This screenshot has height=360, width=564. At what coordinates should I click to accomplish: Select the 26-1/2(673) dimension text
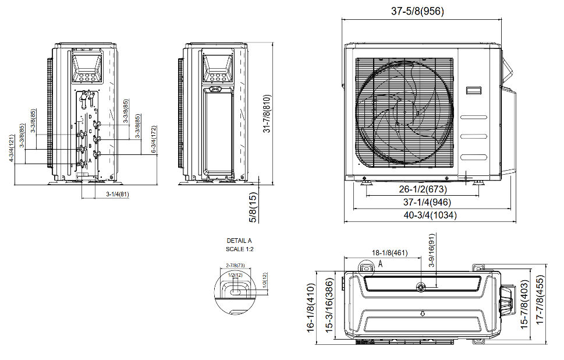pos(423,189)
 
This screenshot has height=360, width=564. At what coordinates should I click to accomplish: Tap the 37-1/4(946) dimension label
pos(423,202)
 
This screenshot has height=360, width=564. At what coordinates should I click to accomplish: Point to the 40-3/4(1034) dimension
pos(423,215)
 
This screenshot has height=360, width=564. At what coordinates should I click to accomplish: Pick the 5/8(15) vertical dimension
pos(254,208)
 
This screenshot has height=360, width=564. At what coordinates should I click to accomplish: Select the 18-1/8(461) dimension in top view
pos(391,253)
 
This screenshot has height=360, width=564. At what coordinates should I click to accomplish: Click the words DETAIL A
pos(239,241)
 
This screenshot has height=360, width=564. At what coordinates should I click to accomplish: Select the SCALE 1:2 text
pos(239,249)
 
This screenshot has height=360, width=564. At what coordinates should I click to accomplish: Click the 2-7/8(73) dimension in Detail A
pos(234,265)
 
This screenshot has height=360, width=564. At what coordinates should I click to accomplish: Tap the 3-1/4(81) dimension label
pos(118,193)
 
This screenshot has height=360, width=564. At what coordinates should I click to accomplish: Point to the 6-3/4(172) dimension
pos(154,139)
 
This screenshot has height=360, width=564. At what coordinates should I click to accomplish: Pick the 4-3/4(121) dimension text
pos(12,149)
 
